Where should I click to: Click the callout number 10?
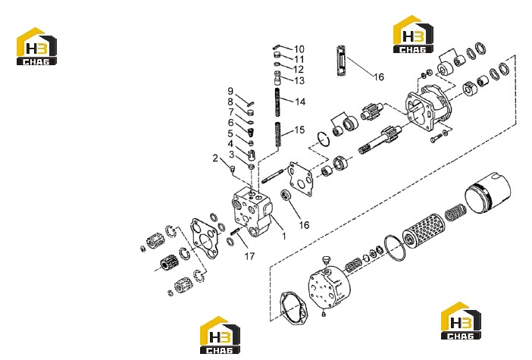[x=299, y=49]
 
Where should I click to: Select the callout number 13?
[x=299, y=81]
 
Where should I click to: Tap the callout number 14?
[x=300, y=102]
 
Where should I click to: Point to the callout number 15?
[x=299, y=130]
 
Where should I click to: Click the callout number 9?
[x=230, y=91]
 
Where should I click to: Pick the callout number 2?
[x=215, y=158]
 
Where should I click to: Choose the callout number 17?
[x=249, y=256]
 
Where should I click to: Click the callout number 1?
[x=284, y=236]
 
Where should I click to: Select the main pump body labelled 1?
[x=253, y=211]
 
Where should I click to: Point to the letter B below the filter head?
[x=324, y=315]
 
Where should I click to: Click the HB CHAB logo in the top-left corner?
[x=36, y=46]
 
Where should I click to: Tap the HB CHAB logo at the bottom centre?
[x=220, y=335]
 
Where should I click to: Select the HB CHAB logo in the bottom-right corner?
[x=461, y=321]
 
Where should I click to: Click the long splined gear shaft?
[x=380, y=139]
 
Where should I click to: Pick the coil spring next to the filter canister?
[x=455, y=213]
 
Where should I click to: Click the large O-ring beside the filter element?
[x=396, y=248]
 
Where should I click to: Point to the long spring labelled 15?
[x=278, y=135]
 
